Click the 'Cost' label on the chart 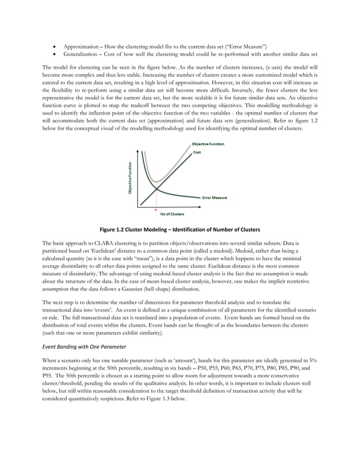click(x=197, y=152)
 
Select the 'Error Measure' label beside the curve click(x=214, y=197)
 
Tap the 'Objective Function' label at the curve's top click(x=207, y=144)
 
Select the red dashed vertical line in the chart click(x=156, y=199)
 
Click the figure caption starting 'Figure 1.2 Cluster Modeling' click(x=179, y=230)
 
